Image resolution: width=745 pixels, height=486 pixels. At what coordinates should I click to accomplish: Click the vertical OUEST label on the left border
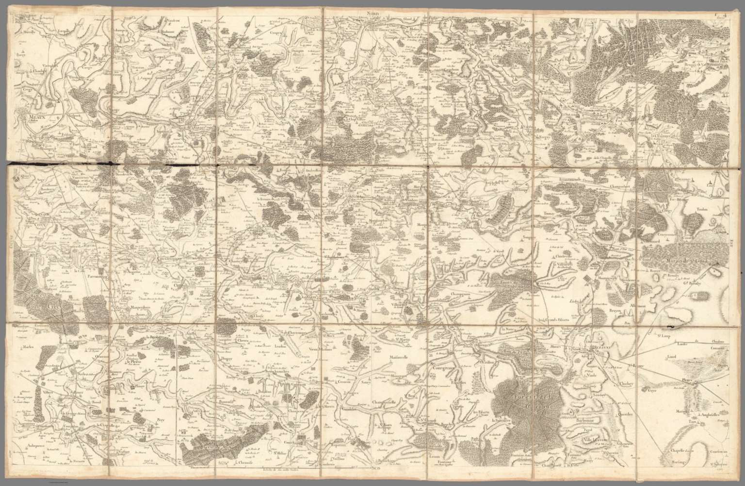(x=11, y=243)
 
